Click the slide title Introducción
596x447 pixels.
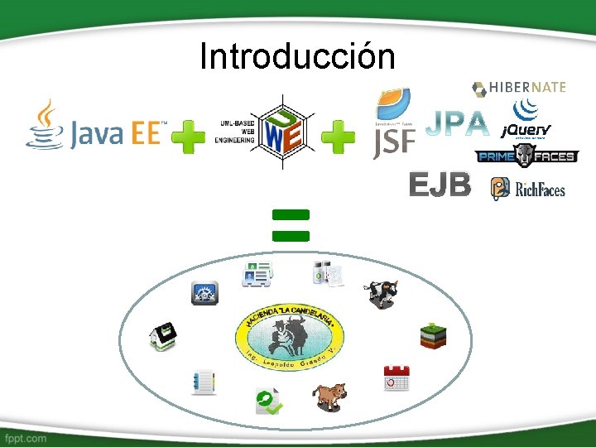click(297, 56)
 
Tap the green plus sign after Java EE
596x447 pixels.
click(189, 137)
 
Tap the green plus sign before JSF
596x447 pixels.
click(338, 137)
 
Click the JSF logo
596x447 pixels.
click(394, 124)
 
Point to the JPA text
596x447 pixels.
click(457, 125)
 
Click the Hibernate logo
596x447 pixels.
click(519, 88)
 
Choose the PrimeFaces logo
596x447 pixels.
click(526, 155)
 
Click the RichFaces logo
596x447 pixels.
click(528, 190)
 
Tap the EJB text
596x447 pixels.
click(440, 186)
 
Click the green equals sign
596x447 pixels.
click(291, 224)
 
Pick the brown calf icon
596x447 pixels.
click(329, 396)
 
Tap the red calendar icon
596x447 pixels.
click(396, 377)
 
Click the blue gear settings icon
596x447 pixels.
click(205, 293)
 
